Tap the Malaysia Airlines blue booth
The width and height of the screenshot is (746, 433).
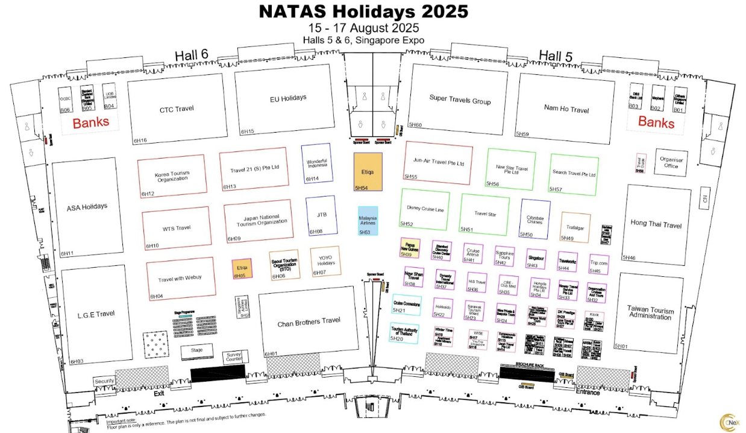point(368,220)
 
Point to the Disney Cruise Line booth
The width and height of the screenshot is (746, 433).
point(424,209)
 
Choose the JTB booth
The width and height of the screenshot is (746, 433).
point(321,215)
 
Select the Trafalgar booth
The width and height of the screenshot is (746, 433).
point(575,227)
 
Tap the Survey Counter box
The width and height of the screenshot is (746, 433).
point(234,357)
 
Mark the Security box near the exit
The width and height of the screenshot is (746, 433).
point(104,381)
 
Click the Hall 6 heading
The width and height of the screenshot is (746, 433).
point(191,55)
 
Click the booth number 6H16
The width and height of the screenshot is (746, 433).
point(140,141)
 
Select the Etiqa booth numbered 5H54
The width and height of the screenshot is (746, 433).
point(368,171)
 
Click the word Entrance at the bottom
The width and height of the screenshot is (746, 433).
point(588,392)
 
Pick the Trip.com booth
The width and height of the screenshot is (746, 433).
point(599,264)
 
